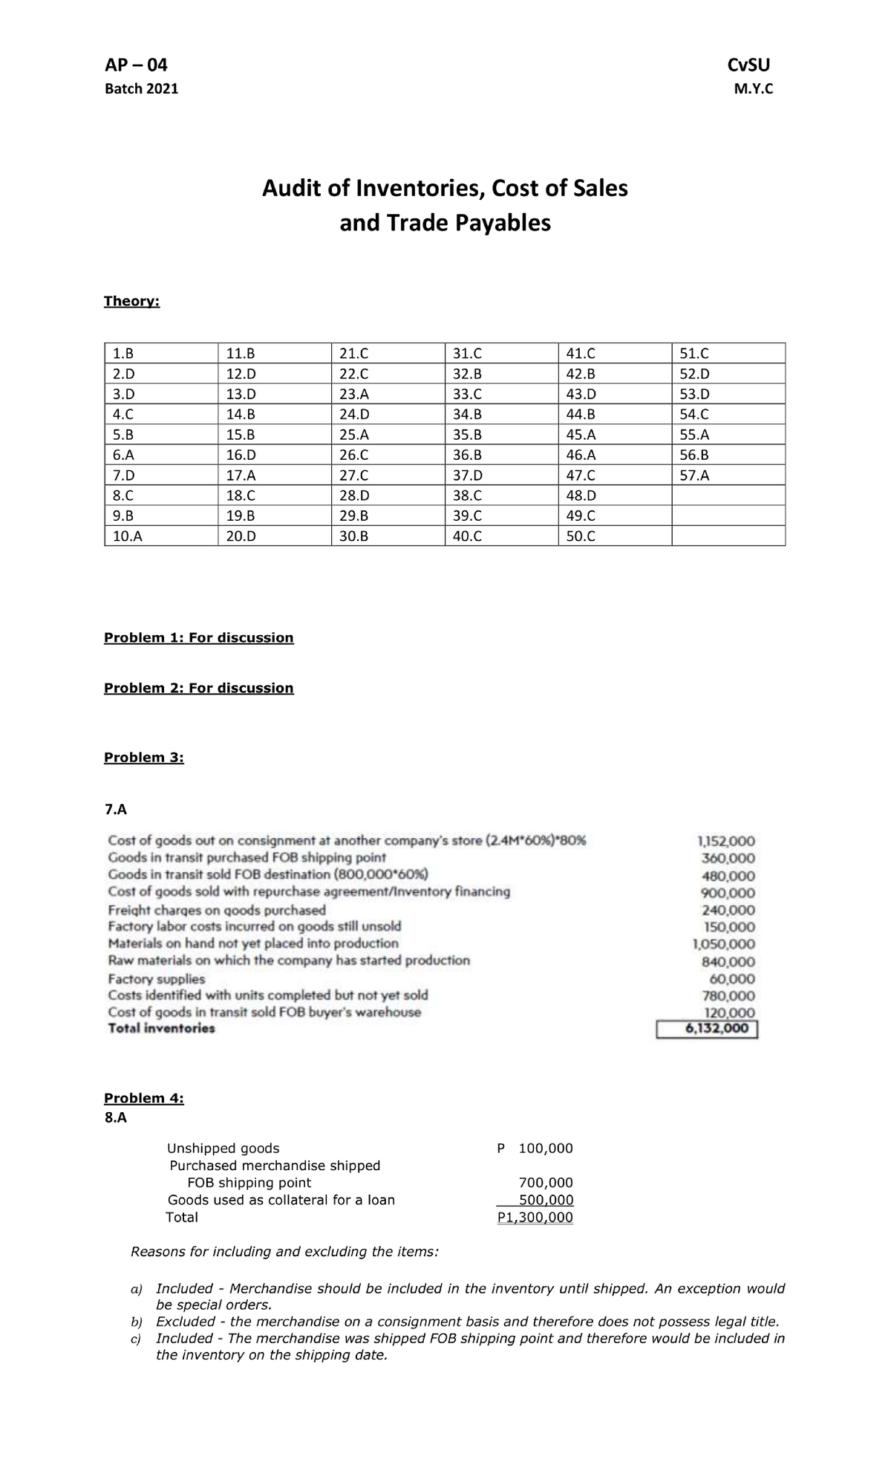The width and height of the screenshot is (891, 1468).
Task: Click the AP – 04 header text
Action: point(136,65)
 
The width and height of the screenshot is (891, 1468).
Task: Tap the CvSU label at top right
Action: point(751,65)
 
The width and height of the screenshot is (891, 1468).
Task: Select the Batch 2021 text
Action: point(141,89)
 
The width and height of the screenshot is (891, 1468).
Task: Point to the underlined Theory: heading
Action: point(131,301)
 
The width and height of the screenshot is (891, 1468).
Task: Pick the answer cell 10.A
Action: point(127,536)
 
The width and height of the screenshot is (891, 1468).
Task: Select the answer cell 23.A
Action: point(353,394)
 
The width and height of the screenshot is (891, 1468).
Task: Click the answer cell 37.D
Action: point(467,475)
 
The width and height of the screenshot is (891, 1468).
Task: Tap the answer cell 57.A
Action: point(694,475)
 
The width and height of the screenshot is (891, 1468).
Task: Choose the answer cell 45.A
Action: point(581,435)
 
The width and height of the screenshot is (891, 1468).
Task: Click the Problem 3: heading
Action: point(143,757)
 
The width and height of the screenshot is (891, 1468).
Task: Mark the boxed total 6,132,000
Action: point(707,1029)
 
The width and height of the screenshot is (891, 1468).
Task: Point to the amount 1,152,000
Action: point(726,842)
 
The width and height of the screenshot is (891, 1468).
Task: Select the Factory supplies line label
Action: point(157,979)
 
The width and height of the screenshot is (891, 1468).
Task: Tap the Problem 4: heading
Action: point(143,1098)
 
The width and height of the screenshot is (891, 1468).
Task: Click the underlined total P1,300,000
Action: point(535,1217)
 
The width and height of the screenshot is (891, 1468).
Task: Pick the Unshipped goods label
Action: point(223,1149)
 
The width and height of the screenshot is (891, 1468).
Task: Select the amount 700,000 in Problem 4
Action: point(545,1183)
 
